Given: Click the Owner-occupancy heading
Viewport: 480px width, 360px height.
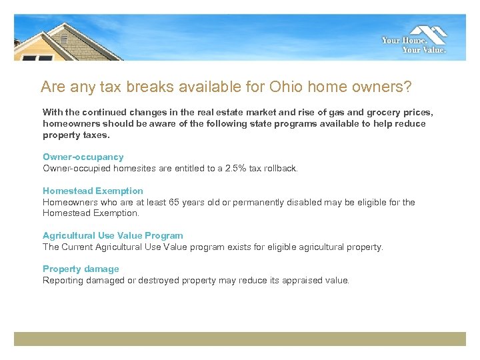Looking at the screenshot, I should [83, 157].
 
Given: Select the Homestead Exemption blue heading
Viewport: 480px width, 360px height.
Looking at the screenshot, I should [93, 191].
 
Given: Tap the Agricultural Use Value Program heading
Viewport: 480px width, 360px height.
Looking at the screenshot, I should [113, 235].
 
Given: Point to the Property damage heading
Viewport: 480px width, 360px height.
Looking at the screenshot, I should [81, 269].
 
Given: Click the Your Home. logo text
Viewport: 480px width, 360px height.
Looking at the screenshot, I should [403, 41].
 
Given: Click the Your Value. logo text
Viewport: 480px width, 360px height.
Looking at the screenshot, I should [424, 49].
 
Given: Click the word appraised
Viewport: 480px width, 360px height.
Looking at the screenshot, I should [294, 280].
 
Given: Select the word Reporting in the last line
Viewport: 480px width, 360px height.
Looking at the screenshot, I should [62, 280].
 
